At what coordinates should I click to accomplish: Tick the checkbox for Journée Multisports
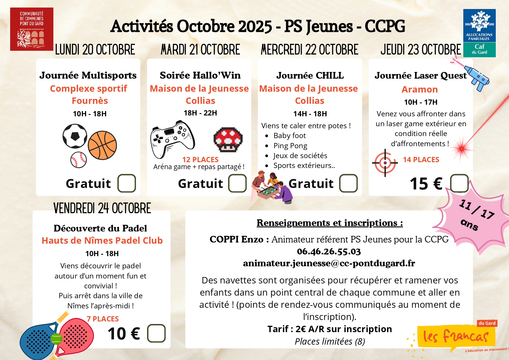(127, 183)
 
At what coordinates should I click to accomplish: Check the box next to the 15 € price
(459, 183)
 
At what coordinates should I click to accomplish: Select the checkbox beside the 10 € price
(156, 333)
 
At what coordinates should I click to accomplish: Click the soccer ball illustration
(75, 136)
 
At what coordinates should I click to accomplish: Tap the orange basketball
(102, 145)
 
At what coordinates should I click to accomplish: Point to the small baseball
(79, 160)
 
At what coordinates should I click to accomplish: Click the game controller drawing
(172, 139)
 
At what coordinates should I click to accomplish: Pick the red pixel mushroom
(228, 140)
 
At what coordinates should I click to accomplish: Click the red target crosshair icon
(385, 163)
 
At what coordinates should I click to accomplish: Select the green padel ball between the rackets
(57, 339)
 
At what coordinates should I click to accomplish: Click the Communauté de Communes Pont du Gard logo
(32, 29)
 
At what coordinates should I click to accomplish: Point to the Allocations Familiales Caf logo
(479, 33)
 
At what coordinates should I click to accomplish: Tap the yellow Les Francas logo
(456, 337)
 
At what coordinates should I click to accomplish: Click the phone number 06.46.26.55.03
(329, 251)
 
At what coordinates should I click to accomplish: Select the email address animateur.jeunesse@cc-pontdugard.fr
(329, 263)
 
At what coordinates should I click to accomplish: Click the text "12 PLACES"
(200, 160)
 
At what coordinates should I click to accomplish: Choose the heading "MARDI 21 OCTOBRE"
(200, 50)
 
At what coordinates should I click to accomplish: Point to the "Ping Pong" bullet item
(290, 146)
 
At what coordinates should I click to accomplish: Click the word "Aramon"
(420, 89)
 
